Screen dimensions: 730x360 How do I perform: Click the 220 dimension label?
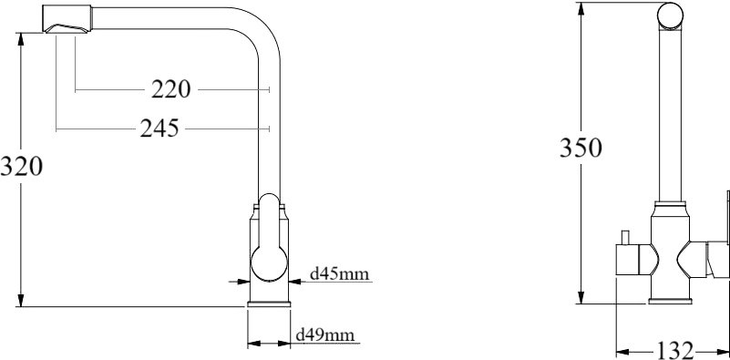click(x=170, y=89)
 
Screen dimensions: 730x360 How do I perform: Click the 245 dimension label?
click(x=159, y=129)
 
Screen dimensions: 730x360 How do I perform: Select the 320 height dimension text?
click(x=21, y=166)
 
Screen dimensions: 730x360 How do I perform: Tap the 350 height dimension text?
click(x=581, y=148)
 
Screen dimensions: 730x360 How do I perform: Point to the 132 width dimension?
click(x=675, y=350)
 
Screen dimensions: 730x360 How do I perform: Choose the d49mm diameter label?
click(x=325, y=334)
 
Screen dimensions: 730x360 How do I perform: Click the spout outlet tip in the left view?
click(x=66, y=28)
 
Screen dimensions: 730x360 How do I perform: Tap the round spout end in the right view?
click(x=670, y=15)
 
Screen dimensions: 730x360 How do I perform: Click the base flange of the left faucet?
click(x=269, y=304)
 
